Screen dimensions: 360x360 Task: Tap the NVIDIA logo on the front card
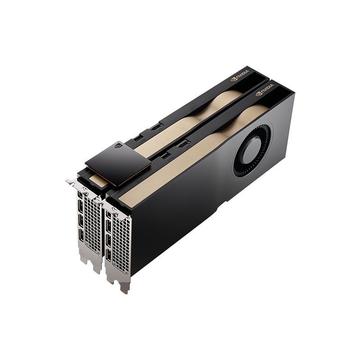click(x=265, y=93)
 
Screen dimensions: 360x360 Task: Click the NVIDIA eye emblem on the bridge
click(x=118, y=145)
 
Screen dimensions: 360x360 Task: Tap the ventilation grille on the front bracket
click(x=121, y=243)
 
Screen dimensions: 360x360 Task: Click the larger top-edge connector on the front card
click(x=183, y=144)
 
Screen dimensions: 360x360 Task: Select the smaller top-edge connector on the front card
click(x=165, y=155)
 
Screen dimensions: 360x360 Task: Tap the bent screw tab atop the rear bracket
click(x=71, y=182)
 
